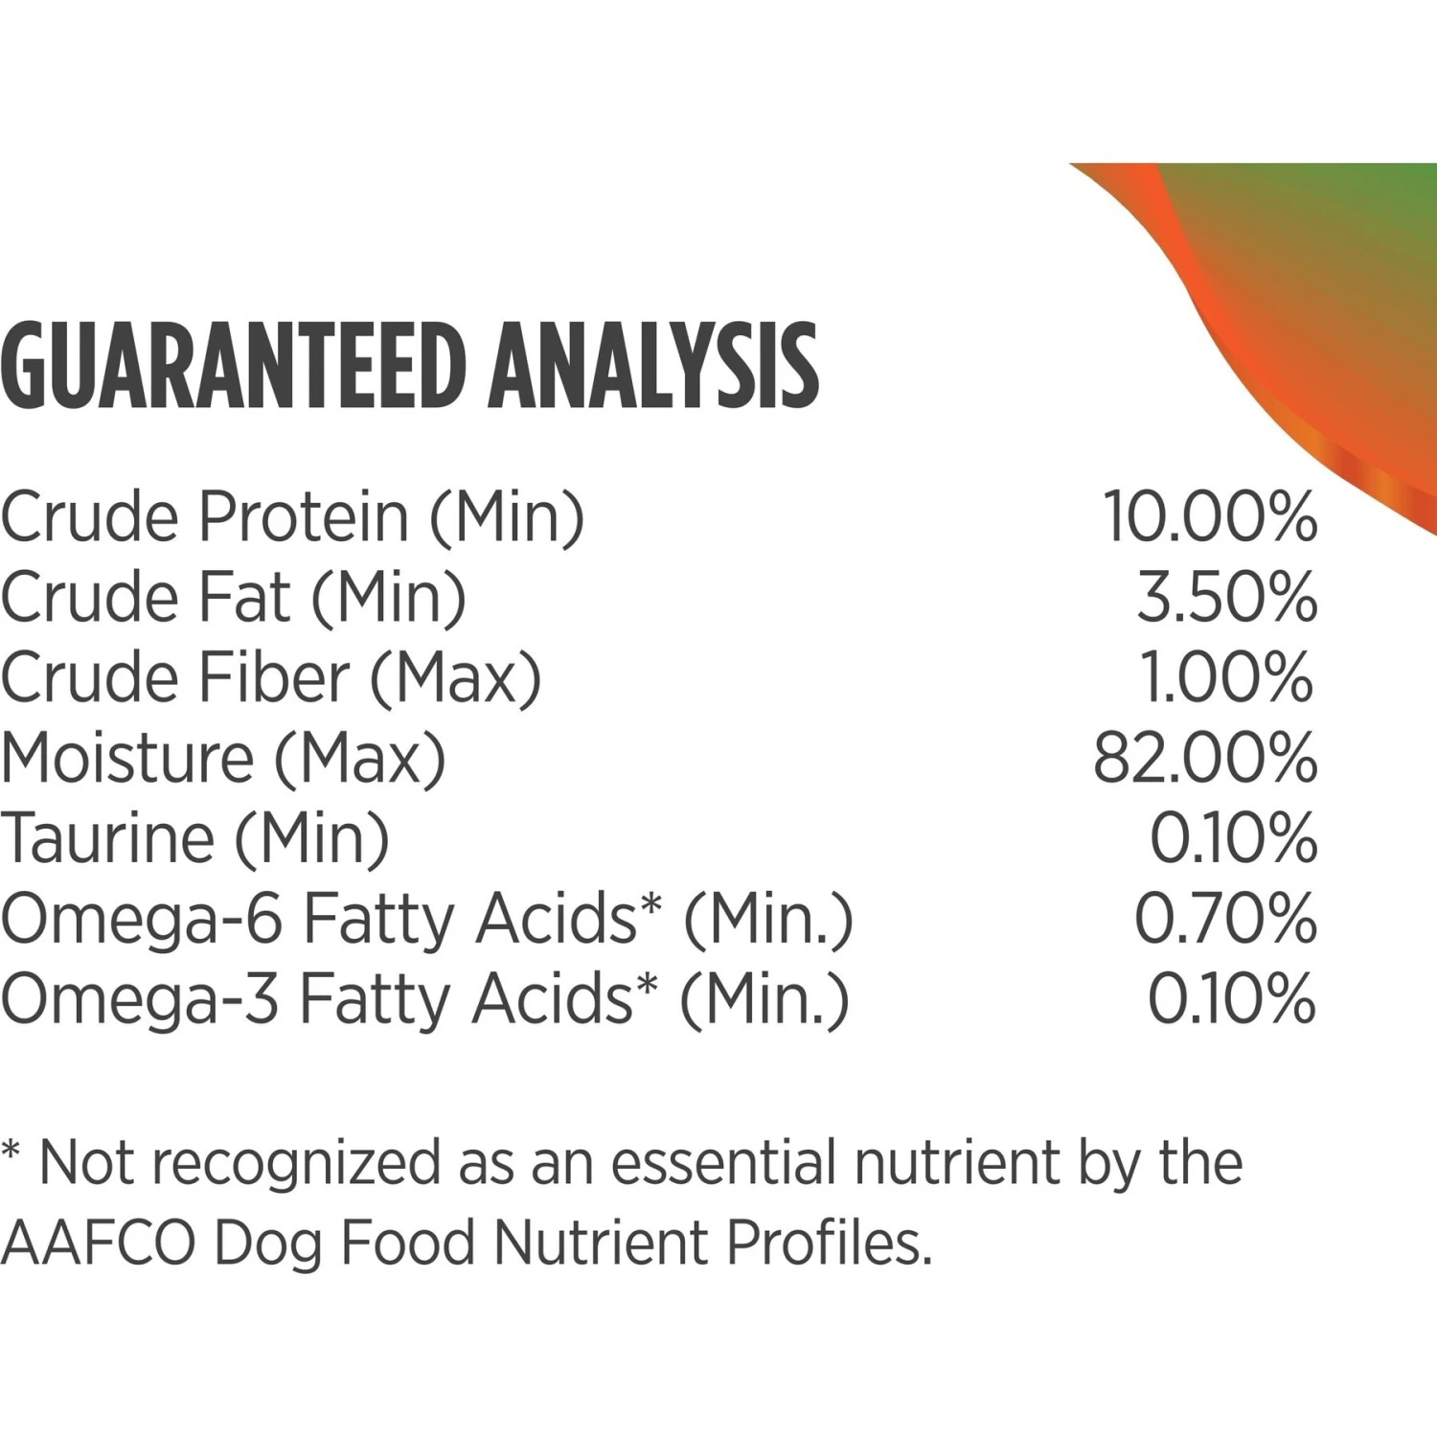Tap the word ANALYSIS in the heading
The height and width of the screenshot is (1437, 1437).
coord(653,367)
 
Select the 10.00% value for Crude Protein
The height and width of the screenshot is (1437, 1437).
coord(1210,516)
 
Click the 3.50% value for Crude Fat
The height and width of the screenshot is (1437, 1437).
coord(1227,597)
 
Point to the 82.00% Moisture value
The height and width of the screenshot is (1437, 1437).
coord(1205,758)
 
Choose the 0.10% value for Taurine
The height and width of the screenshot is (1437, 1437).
coord(1233,838)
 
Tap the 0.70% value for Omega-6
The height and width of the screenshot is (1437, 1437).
coord(1225,919)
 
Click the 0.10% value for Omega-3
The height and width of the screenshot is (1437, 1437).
coord(1232,999)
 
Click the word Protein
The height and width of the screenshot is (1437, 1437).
coord(304,517)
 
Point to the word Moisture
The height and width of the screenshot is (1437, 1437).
coord(127,758)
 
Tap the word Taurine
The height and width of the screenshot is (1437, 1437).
coord(107,838)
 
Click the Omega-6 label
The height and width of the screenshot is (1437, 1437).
coord(142,920)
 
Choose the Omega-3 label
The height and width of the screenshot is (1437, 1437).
coord(140,1000)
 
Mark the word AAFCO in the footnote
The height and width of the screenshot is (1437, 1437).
coord(98,1243)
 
